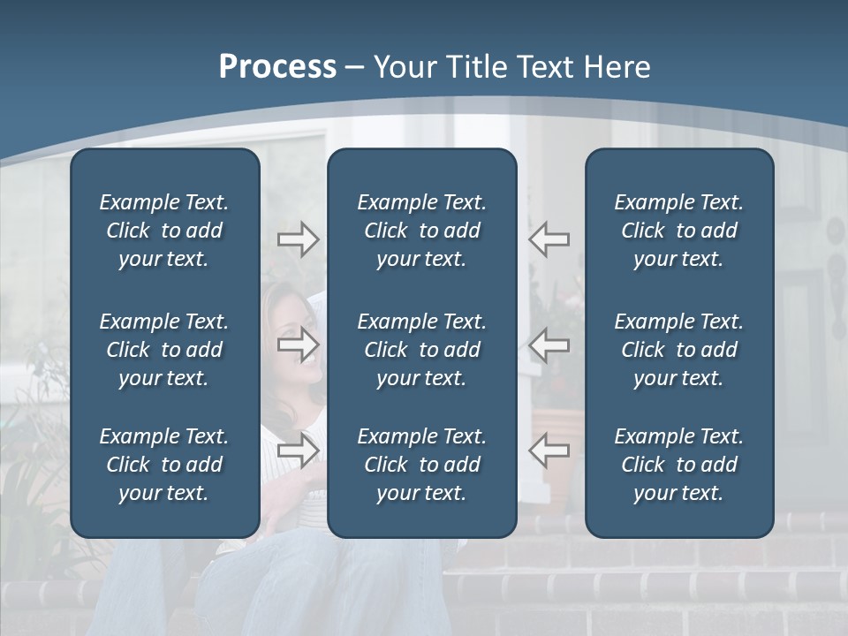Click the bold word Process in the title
(277, 67)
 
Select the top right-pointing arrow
(298, 239)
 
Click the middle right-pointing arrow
(298, 344)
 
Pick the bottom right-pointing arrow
(298, 450)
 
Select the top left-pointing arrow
(549, 239)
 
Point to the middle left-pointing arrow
(549, 344)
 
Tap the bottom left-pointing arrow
(549, 450)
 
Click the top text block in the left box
(164, 231)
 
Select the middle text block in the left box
(164, 350)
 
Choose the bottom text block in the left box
(164, 465)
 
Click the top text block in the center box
(421, 231)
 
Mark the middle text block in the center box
(421, 350)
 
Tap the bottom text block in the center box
(421, 465)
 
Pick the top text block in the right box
(678, 231)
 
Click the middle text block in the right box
(678, 350)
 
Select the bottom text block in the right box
(678, 465)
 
